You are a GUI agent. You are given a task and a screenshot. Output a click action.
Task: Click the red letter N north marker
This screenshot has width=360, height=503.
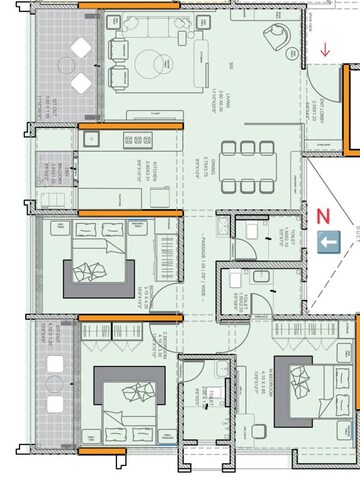(322, 214)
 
